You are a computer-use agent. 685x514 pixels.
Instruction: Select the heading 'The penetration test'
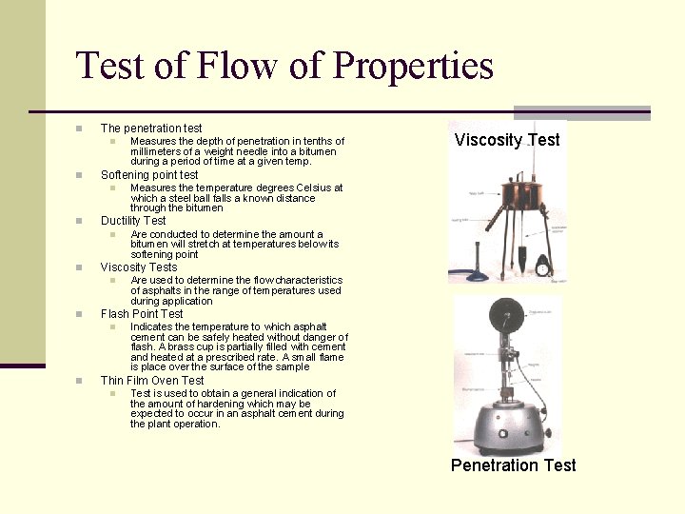click(151, 128)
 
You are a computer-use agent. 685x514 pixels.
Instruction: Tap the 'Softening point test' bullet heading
click(149, 175)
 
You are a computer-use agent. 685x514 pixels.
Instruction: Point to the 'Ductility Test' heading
click(133, 221)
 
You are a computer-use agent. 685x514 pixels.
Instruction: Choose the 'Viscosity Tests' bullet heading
click(139, 267)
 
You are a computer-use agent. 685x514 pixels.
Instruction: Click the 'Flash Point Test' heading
click(142, 314)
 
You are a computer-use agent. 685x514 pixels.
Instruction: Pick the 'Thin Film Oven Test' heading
click(152, 381)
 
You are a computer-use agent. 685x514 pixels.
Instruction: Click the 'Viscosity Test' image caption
click(507, 140)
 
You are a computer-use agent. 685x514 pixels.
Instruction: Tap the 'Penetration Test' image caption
click(513, 465)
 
